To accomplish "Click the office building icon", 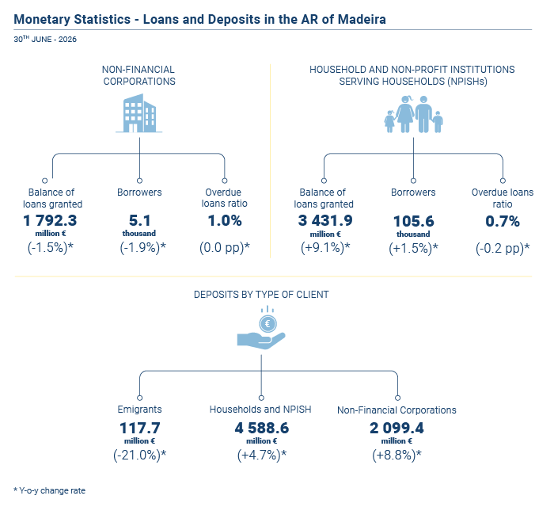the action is pyautogui.click(x=138, y=113).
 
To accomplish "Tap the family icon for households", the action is pyautogui.click(x=413, y=114).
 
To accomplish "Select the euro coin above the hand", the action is pyautogui.click(x=268, y=323).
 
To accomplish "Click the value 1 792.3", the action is pyautogui.click(x=50, y=220).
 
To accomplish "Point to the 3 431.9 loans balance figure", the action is pyautogui.click(x=325, y=220).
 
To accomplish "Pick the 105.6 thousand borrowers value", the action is pyautogui.click(x=413, y=221).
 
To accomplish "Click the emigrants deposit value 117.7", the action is pyautogui.click(x=140, y=428).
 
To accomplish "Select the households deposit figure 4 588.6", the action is pyautogui.click(x=262, y=428).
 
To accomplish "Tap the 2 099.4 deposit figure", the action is pyautogui.click(x=397, y=428).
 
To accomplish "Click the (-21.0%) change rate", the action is pyautogui.click(x=139, y=455).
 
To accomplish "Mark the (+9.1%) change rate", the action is pyautogui.click(x=325, y=247).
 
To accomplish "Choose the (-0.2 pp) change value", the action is pyautogui.click(x=503, y=248).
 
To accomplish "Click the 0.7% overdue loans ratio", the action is pyautogui.click(x=503, y=221).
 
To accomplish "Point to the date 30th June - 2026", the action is pyautogui.click(x=45, y=39).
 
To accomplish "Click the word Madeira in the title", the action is pyautogui.click(x=362, y=19).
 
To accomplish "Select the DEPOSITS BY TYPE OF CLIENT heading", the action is pyautogui.click(x=261, y=295).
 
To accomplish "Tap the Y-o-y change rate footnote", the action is pyautogui.click(x=49, y=490).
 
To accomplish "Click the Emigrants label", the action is pyautogui.click(x=139, y=410).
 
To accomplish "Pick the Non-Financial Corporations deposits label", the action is pyautogui.click(x=397, y=410).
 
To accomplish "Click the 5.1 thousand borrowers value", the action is pyautogui.click(x=139, y=220).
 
